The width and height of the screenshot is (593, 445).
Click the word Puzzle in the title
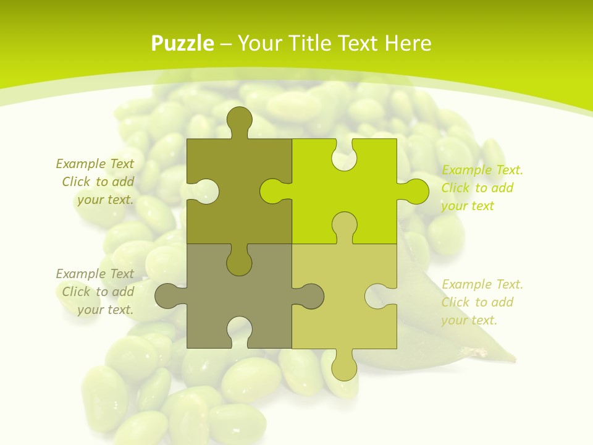coord(183,43)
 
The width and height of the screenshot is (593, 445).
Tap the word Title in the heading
coord(315,43)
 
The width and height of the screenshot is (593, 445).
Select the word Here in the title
coord(408,43)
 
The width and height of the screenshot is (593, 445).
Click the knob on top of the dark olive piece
coord(239,119)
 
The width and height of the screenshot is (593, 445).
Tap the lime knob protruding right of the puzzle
coord(415,191)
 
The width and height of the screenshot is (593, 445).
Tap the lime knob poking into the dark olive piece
coord(272,191)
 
